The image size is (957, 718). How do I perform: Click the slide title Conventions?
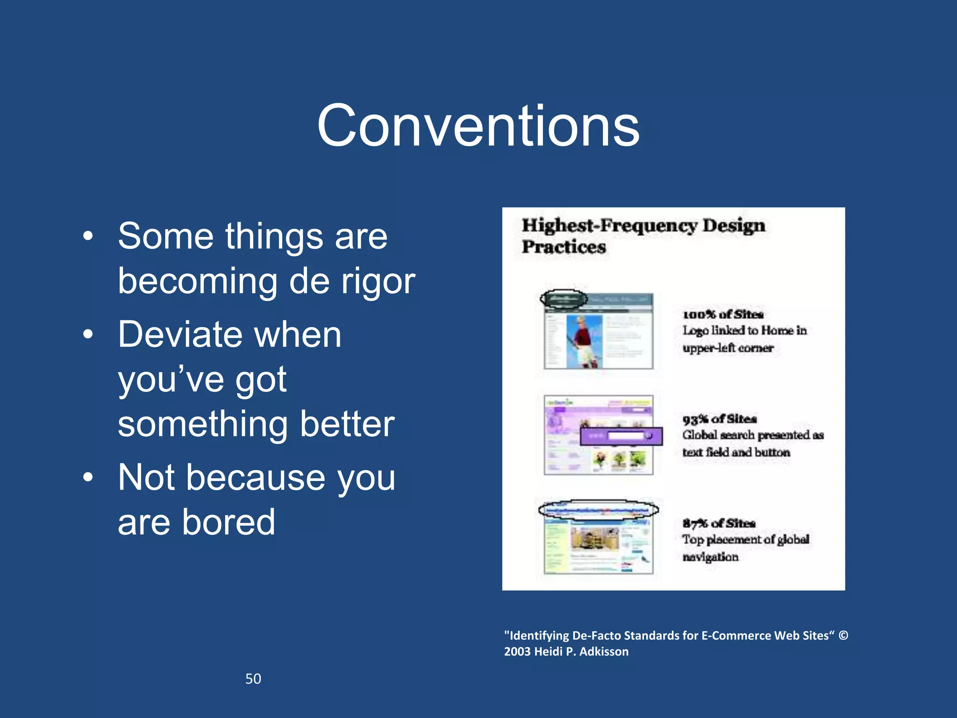click(478, 126)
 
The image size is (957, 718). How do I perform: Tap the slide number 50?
click(253, 679)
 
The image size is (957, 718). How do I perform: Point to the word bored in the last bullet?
click(229, 522)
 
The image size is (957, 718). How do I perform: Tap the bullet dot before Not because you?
click(88, 477)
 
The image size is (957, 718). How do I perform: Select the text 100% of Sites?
click(723, 314)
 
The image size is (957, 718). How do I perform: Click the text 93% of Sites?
click(719, 419)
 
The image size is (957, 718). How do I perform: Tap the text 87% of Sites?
click(719, 523)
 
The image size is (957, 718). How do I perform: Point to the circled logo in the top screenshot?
click(564, 299)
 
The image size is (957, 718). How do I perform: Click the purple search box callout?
click(621, 436)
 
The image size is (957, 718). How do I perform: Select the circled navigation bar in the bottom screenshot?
click(598, 510)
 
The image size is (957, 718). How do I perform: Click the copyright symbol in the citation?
click(843, 635)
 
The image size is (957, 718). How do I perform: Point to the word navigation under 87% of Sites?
click(710, 557)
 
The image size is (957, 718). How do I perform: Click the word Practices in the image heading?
click(564, 247)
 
